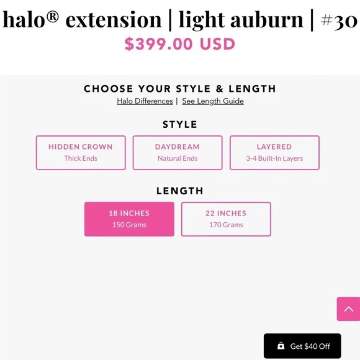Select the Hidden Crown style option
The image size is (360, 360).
(x=81, y=153)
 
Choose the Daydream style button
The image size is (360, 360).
(x=178, y=153)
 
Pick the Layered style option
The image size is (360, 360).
(x=274, y=153)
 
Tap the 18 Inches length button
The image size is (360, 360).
(x=129, y=219)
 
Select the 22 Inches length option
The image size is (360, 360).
(x=226, y=219)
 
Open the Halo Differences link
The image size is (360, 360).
(x=145, y=101)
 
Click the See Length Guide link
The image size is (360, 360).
(x=213, y=101)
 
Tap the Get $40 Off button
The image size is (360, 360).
(x=302, y=346)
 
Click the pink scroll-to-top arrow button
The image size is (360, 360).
(x=348, y=309)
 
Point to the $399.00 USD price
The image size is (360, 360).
(x=180, y=44)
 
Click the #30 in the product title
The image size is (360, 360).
(x=339, y=21)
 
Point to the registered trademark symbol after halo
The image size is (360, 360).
(x=53, y=17)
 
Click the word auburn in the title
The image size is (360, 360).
(x=267, y=20)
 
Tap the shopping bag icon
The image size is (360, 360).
(x=281, y=346)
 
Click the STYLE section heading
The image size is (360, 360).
(x=180, y=124)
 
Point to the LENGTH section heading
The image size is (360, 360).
(x=180, y=191)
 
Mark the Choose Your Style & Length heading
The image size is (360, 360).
(x=180, y=89)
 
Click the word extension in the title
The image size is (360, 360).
(x=114, y=20)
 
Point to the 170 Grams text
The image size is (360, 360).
(x=226, y=225)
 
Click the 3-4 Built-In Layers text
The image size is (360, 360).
(x=274, y=158)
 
